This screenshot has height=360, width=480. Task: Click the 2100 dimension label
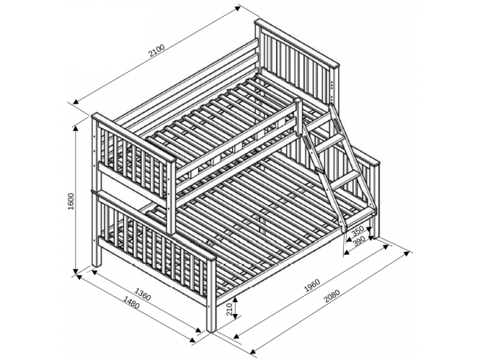(156, 51)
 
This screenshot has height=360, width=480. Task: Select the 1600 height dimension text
(71, 202)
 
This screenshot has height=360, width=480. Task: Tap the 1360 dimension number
(143, 294)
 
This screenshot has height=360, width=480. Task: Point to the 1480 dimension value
(131, 302)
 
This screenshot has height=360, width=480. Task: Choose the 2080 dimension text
(332, 296)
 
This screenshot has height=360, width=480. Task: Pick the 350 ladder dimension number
(357, 231)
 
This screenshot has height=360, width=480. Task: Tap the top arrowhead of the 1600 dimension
(76, 128)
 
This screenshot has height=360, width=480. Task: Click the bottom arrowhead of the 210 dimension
(235, 316)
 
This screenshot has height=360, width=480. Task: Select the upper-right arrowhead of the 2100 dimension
(237, 8)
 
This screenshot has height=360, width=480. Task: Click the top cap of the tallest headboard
(297, 43)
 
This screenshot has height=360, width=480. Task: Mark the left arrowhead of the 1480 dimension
(79, 276)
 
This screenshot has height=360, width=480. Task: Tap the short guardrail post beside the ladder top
(298, 117)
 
